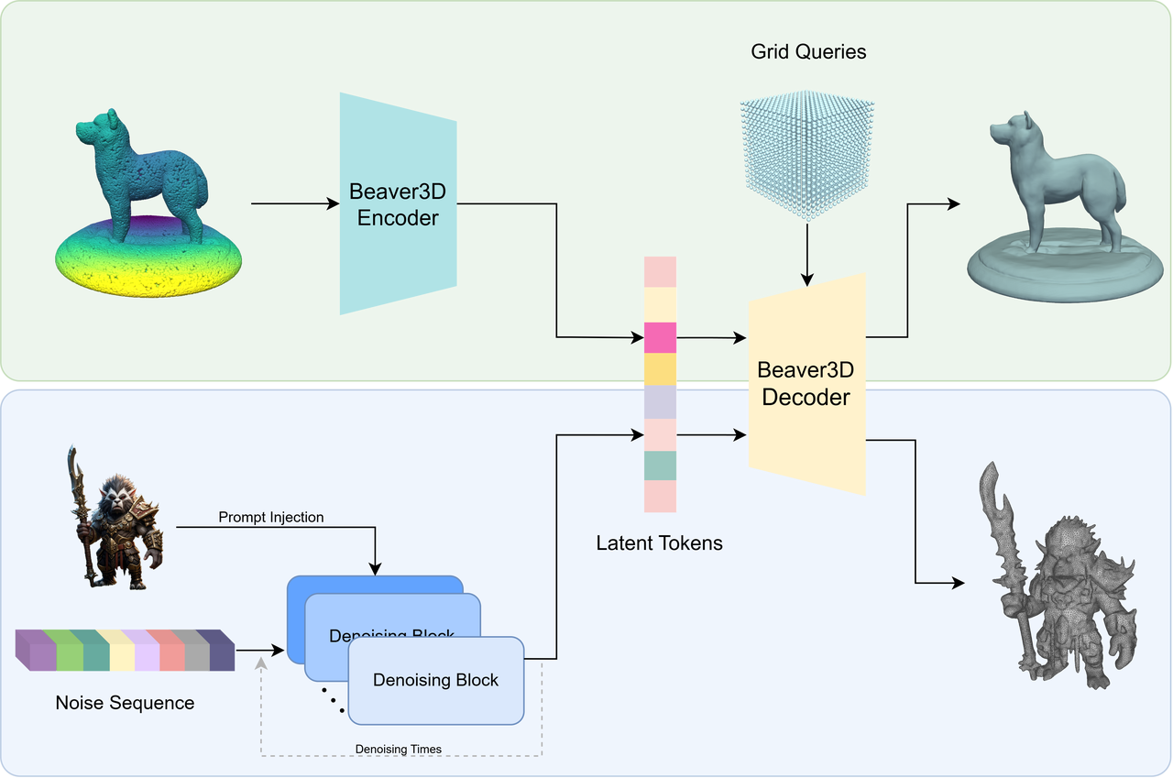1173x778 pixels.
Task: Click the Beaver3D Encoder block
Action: coord(398,204)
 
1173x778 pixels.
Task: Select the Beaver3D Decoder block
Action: coord(806,384)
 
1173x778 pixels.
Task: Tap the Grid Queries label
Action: coord(808,52)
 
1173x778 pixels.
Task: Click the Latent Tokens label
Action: coord(659,542)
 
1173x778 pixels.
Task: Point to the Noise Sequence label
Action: coord(125,703)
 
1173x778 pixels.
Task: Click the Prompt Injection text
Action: coord(270,517)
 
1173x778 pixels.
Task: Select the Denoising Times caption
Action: coord(398,750)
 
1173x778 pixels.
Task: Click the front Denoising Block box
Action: coord(435,681)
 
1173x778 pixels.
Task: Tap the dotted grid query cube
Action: coord(807,155)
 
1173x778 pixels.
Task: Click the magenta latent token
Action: coord(660,338)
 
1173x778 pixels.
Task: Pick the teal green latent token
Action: coord(660,466)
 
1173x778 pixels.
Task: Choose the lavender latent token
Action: coord(660,402)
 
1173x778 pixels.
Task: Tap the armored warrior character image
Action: coord(116,519)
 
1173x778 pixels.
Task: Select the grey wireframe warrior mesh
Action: coord(1058,575)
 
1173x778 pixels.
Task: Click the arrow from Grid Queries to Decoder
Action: coord(807,255)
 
